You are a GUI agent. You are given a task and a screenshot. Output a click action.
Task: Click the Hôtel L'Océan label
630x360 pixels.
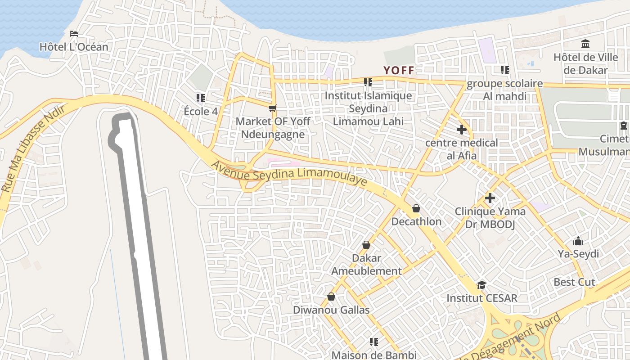[x=74, y=47]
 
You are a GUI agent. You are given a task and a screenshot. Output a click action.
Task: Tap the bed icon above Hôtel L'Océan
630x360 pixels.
[x=74, y=34]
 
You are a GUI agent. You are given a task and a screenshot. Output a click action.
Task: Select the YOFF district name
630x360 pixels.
[x=398, y=70]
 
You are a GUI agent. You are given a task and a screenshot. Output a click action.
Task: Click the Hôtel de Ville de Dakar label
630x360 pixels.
[x=585, y=63]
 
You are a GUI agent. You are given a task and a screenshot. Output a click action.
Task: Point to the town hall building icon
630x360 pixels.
[x=585, y=44]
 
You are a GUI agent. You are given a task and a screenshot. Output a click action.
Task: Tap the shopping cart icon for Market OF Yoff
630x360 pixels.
[x=272, y=108]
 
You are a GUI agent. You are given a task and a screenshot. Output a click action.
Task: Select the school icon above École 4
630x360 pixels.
[x=201, y=98]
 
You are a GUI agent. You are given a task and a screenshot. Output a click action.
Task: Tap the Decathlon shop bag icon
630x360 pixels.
[x=416, y=208]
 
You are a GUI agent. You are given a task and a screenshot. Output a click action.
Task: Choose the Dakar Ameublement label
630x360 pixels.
[x=366, y=265]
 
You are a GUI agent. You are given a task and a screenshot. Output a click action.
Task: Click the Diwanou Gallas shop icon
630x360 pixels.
[x=331, y=297]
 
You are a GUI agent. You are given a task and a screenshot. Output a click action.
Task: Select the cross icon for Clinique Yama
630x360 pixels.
[x=490, y=198]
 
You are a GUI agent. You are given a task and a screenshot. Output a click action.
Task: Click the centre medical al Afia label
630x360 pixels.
[x=462, y=149]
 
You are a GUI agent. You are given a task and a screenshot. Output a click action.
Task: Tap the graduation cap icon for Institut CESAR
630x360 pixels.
[x=481, y=285]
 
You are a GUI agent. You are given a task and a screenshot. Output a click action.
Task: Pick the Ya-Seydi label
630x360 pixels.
[x=578, y=254]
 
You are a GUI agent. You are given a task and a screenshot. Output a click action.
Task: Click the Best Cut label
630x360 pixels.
[x=574, y=282]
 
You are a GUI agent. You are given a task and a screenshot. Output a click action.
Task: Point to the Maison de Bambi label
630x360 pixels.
[x=373, y=355]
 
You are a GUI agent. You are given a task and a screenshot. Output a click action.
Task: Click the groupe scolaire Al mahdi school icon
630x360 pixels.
[x=505, y=70]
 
